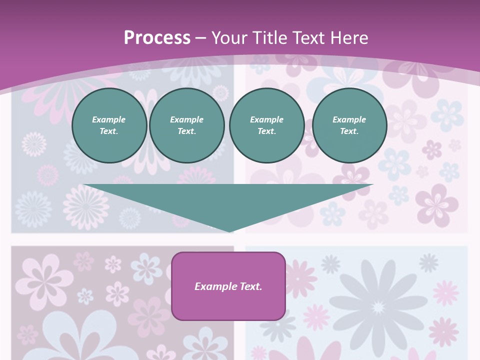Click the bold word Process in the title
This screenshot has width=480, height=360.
point(157,38)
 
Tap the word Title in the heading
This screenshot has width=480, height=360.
point(270,38)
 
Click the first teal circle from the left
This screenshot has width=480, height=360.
point(109,125)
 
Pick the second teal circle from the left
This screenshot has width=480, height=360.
point(186,125)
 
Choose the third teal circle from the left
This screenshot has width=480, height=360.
point(266,125)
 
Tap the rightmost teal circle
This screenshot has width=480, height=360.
point(349,125)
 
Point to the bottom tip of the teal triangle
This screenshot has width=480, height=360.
point(229,231)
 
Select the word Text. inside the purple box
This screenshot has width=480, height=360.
point(251,286)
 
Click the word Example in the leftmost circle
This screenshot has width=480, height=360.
point(109,119)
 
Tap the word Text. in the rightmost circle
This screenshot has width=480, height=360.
point(349,131)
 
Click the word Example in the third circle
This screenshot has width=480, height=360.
point(266,119)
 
